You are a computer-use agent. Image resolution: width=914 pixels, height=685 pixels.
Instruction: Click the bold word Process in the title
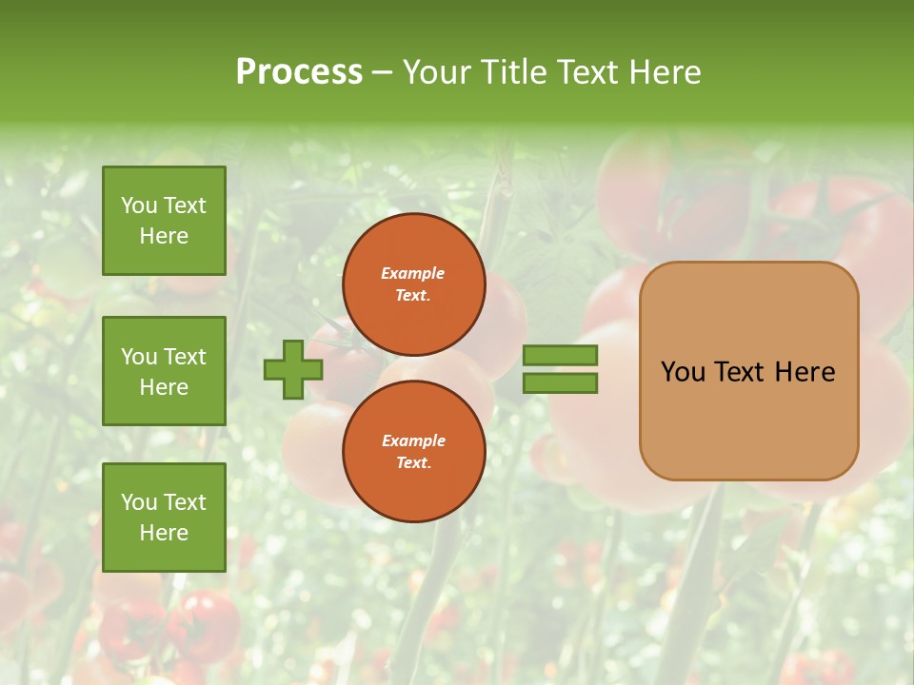[299, 72]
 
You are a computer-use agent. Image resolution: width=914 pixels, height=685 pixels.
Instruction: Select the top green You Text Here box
[164, 221]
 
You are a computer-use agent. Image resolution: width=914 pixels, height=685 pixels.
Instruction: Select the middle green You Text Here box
[164, 371]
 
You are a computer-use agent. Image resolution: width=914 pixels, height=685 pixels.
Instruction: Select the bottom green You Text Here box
[164, 517]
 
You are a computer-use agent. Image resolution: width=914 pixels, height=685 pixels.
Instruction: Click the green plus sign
[293, 369]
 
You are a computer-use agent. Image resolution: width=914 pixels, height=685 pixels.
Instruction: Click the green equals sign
[561, 369]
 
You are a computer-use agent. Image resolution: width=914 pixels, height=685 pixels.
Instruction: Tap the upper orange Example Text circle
[413, 284]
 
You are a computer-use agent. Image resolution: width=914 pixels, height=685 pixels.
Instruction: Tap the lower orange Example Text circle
[413, 451]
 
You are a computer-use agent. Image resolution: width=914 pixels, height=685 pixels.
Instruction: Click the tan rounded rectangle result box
[748, 371]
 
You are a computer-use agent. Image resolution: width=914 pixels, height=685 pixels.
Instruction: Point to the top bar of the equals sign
[561, 355]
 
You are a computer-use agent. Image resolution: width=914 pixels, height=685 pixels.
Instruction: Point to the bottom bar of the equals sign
[561, 383]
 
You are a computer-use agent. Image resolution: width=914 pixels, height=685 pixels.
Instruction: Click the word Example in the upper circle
[413, 273]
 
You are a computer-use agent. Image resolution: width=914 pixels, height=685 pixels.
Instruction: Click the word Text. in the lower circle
[413, 462]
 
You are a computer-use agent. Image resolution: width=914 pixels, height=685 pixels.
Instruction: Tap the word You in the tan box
[683, 372]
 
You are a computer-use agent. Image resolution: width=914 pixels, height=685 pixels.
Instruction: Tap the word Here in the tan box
[805, 372]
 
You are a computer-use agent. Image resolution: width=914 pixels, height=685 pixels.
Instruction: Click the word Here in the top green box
[164, 236]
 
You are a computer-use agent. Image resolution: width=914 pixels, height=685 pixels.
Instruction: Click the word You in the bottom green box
[139, 501]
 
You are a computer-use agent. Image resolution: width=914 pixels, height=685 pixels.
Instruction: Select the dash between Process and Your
[382, 73]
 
